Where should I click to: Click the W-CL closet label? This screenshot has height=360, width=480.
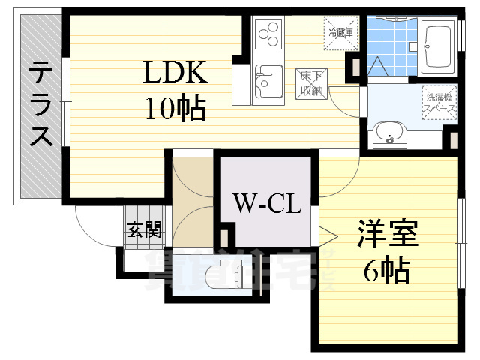pos(266,202)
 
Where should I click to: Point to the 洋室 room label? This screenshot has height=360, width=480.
pos(385,233)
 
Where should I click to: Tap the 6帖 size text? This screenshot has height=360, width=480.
pos(386,268)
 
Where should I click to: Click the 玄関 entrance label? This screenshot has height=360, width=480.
pos(143,229)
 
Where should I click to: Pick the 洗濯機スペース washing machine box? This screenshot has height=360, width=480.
pos(440,102)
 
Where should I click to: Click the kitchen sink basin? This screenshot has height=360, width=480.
pos(266,81)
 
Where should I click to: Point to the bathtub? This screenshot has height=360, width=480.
pos(436,45)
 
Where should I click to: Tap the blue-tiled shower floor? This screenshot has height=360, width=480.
pos(391,45)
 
